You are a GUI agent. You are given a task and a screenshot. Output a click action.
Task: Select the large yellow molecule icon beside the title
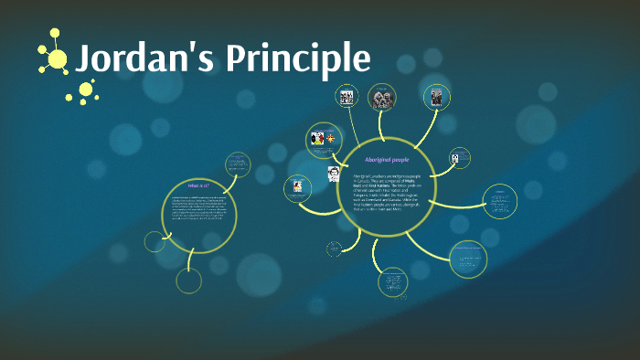pos(55,57)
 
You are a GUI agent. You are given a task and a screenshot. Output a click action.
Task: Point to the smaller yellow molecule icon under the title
pos(86,90)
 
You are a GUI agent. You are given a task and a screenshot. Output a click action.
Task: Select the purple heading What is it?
pos(198,186)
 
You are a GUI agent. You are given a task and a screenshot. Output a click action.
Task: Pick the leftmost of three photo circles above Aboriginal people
pos(347,97)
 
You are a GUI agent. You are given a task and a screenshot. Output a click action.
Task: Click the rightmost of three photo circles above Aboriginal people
pos(436,96)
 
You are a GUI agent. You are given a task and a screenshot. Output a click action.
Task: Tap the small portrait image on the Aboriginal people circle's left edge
pos(335,174)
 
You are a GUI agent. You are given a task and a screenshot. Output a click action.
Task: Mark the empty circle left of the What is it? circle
pos(155,241)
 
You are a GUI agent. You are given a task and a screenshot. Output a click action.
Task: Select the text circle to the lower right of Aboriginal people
pos(467,259)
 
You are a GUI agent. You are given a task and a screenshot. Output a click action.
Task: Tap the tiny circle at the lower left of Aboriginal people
pos(334,249)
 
